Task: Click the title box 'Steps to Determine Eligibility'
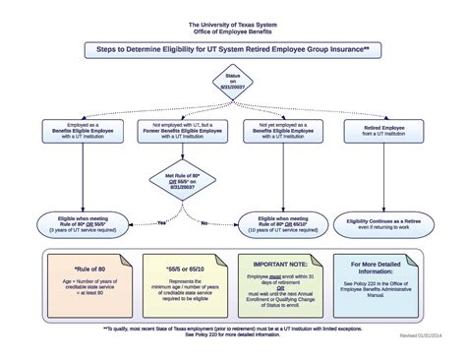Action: click(233, 46)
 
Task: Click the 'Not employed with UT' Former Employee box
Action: click(179, 133)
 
